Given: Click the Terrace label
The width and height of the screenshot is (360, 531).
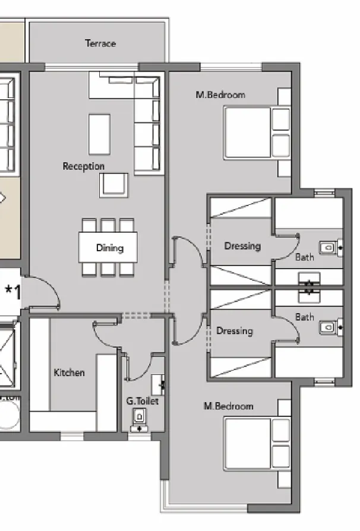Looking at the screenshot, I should click(100, 43).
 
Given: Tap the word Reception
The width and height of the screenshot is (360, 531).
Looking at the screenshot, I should click(84, 166).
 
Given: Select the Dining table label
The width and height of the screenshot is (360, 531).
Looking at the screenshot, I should click(109, 248).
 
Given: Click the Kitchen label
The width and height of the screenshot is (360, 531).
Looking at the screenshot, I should click(69, 372).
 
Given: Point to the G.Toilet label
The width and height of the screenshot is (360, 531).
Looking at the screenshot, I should click(142, 402).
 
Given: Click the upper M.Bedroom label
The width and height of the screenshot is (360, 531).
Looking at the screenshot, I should click(220, 94).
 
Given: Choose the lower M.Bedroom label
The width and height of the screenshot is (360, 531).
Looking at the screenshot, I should click(228, 406).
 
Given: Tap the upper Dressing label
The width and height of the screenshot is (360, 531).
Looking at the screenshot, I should click(242, 246).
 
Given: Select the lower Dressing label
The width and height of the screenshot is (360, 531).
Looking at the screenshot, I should click(235, 331).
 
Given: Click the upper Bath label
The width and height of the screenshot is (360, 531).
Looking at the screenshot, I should click(305, 257).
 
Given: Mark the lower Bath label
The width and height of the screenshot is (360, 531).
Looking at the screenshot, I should click(305, 317).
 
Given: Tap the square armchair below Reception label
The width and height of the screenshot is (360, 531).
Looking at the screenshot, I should click(114, 185).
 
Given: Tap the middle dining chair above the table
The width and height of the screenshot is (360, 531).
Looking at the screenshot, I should click(108, 225).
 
